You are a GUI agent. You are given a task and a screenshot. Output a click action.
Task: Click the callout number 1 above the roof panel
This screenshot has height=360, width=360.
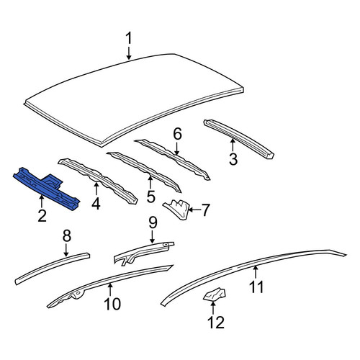(129, 38)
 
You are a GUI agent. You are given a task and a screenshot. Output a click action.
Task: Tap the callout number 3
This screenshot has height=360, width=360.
(233, 159)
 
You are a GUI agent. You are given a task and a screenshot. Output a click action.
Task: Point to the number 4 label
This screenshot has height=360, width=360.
(96, 204)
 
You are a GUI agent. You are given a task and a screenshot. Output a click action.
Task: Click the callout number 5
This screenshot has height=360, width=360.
(150, 197)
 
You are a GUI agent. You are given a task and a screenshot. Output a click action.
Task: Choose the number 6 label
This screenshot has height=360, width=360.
(177, 134)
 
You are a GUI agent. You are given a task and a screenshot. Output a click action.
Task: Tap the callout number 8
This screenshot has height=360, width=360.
(67, 235)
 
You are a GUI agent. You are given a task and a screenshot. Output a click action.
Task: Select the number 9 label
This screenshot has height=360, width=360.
(153, 222)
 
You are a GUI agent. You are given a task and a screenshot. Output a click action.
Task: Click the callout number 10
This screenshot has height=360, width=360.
(112, 304)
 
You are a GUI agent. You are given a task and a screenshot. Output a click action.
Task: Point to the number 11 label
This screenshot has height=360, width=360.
(256, 287)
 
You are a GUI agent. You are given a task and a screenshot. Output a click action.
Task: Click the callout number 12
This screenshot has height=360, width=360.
(216, 322)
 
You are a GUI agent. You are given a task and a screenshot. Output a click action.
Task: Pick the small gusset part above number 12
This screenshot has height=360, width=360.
(215, 294)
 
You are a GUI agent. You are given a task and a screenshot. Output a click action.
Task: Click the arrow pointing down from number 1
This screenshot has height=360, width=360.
(129, 53)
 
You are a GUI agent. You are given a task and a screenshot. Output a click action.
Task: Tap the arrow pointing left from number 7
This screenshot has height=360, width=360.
(195, 210)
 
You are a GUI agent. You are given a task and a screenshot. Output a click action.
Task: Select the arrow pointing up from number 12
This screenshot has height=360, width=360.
(213, 308)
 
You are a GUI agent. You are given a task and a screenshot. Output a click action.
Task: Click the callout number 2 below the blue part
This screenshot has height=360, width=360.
(42, 215)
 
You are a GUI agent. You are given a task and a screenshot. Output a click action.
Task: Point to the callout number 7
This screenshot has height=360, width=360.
(207, 210)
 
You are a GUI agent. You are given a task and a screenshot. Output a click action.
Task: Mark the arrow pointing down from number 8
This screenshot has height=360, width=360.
(66, 250)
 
